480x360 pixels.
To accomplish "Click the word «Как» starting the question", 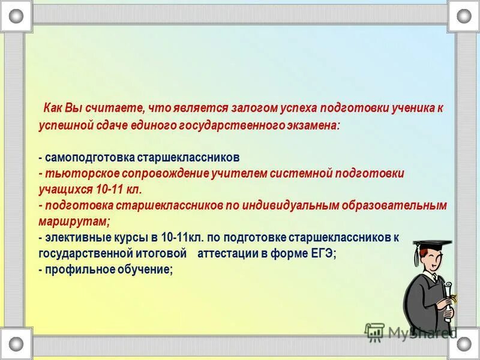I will (x=53, y=108).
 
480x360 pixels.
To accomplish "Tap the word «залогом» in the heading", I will (x=251, y=108).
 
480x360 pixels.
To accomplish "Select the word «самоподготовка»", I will (x=89, y=157).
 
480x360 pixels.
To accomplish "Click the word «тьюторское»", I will (x=82, y=173).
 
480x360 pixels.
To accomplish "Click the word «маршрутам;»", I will (x=74, y=221).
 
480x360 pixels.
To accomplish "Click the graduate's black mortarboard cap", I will (x=432, y=245).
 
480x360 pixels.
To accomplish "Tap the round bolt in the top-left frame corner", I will (x=16, y=16).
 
